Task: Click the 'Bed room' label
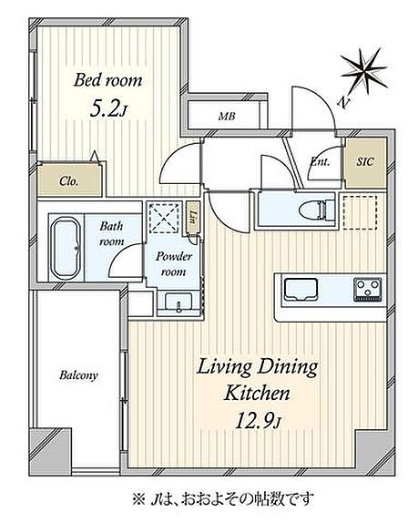coord(107,80)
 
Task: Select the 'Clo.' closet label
coord(69,181)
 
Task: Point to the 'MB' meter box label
coord(227,117)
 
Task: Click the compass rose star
coord(363,71)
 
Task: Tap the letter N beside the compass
coord(342,103)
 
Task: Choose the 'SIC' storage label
coord(365,162)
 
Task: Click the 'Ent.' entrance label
coord(320,162)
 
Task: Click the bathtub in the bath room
coord(66,248)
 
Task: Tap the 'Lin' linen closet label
coord(192,217)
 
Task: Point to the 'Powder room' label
coord(173,264)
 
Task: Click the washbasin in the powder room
coord(178,303)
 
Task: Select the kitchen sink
coord(301,290)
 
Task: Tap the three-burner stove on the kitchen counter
coord(368,290)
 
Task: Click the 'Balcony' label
coord(78,375)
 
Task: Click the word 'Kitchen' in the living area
coord(257,393)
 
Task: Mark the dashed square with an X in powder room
coord(164,219)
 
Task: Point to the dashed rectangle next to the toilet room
coord(361,212)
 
